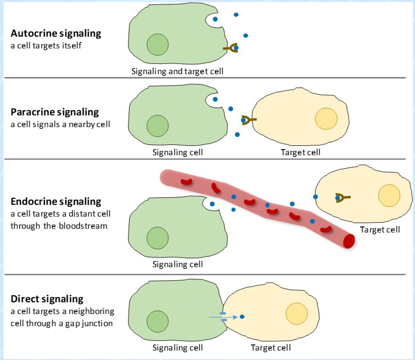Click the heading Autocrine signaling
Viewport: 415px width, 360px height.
pyautogui.click(x=56, y=34)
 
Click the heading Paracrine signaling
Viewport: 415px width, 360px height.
pyautogui.click(x=55, y=112)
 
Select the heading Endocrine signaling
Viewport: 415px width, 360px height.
pyautogui.click(x=56, y=201)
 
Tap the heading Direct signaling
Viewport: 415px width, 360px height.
pyautogui.click(x=47, y=299)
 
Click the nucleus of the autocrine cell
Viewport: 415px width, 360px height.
pyautogui.click(x=158, y=45)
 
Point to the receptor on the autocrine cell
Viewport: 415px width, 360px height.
pyautogui.click(x=231, y=48)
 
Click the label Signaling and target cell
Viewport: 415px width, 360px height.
pyautogui.click(x=177, y=71)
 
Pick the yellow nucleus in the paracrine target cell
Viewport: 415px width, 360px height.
pyautogui.click(x=326, y=119)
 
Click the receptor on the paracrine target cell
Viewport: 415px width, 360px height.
pyautogui.click(x=248, y=120)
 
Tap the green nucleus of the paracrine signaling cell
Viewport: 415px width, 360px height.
pyautogui.click(x=158, y=125)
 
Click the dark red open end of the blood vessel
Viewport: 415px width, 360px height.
pyautogui.click(x=349, y=241)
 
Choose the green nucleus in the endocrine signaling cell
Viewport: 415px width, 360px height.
pyautogui.click(x=158, y=237)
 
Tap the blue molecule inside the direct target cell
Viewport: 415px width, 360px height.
pyautogui.click(x=242, y=317)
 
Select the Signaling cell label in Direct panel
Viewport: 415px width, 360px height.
pyautogui.click(x=177, y=348)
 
